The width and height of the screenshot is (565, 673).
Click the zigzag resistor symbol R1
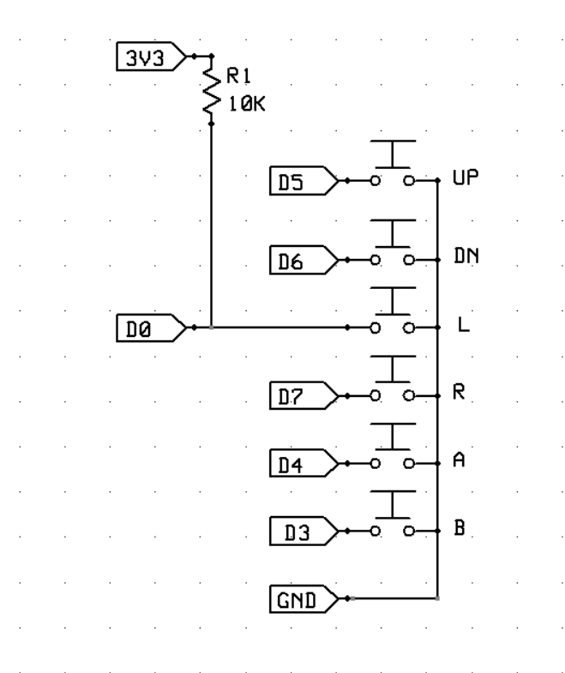click(210, 91)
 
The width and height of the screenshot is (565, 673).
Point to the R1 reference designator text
click(237, 79)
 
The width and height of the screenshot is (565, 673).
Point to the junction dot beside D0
click(211, 327)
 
